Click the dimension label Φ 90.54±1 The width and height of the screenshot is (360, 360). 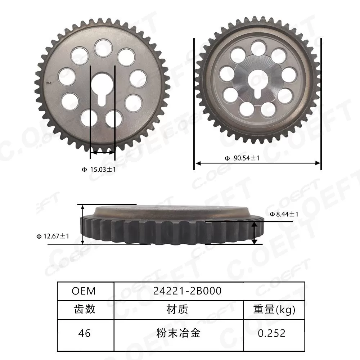click(242, 158)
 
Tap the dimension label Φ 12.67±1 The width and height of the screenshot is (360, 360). click(53, 236)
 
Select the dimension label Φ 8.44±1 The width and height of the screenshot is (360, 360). click(284, 214)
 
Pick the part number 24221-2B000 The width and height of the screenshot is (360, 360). click(187, 291)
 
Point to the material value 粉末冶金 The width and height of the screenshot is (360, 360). click(178, 333)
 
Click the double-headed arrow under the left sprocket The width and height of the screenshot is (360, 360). click(103, 153)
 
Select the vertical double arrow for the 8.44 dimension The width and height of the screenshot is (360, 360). click(255, 233)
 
